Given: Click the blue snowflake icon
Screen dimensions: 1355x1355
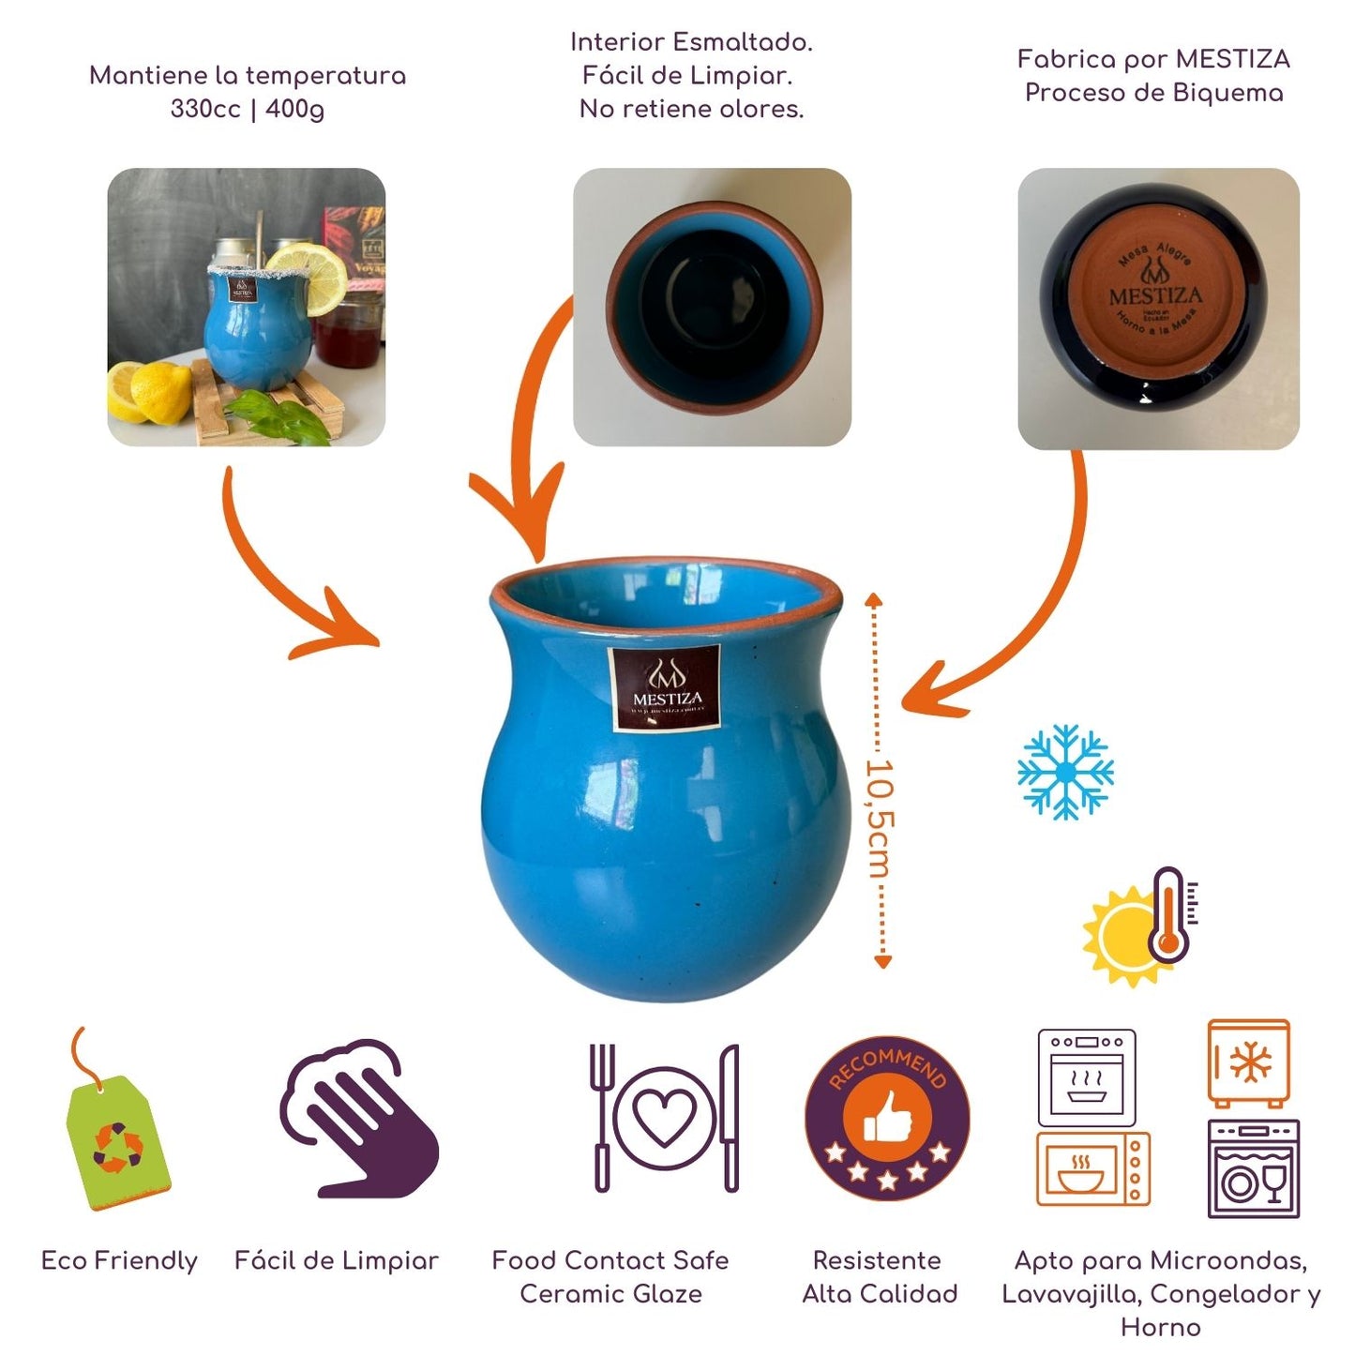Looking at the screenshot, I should (1065, 772).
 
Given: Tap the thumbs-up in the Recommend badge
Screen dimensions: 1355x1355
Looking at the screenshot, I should (886, 1116).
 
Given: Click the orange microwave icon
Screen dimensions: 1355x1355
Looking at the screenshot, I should (1092, 1168).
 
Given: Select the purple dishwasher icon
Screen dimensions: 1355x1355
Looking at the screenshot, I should (1253, 1168).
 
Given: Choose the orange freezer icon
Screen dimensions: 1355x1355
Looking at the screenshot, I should (1248, 1063).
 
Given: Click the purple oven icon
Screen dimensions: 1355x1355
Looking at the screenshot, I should (1087, 1076).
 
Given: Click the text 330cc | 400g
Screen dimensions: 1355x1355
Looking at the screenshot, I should (248, 109).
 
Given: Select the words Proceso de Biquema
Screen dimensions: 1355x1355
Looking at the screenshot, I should (1153, 93).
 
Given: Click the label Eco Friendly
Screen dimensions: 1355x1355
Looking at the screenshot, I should (119, 1260).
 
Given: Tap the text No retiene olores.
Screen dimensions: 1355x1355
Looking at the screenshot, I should (691, 109).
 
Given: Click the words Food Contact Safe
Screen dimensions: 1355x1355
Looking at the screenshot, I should (610, 1260).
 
